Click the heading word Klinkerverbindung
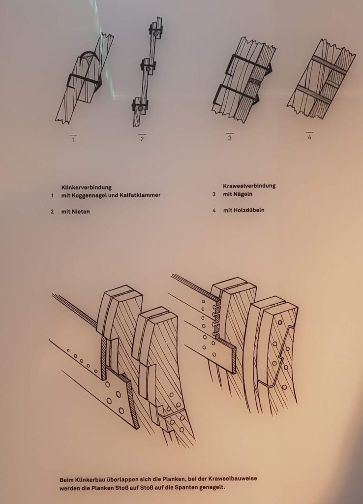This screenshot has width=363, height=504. coord(86,187)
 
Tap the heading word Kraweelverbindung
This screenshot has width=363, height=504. coord(249,186)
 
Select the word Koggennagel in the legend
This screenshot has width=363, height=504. coord(89,195)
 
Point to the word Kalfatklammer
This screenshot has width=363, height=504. coord(140,195)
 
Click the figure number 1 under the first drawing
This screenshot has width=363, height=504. coord(73,139)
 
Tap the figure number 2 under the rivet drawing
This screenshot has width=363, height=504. coord(142,139)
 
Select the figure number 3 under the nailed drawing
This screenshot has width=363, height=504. coord(230,138)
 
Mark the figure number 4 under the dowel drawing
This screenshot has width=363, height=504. coord(309,137)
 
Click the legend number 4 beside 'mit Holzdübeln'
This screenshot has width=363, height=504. coord(213,210)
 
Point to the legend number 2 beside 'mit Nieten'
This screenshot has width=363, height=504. coord(52,212)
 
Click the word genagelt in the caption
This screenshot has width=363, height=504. coord(212,487)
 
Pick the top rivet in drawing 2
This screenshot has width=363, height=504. coord(155,33)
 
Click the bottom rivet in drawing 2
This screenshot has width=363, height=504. coord(140,109)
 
